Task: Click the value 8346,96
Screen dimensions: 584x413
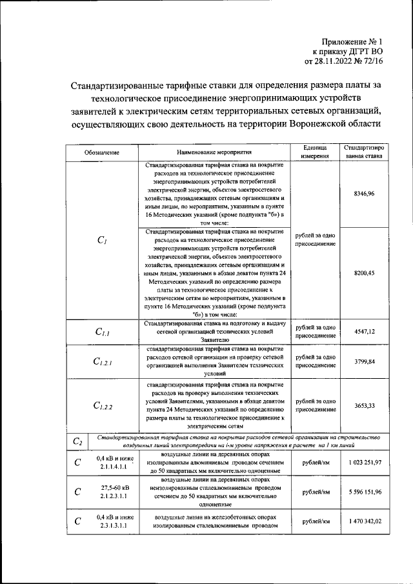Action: pos(364,194)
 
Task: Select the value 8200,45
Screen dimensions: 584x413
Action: pos(364,273)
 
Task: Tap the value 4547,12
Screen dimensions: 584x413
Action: pos(364,331)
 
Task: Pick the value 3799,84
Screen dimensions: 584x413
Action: pos(364,361)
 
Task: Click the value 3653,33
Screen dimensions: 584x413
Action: pos(364,405)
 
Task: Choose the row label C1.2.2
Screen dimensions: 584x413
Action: pos(103,406)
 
